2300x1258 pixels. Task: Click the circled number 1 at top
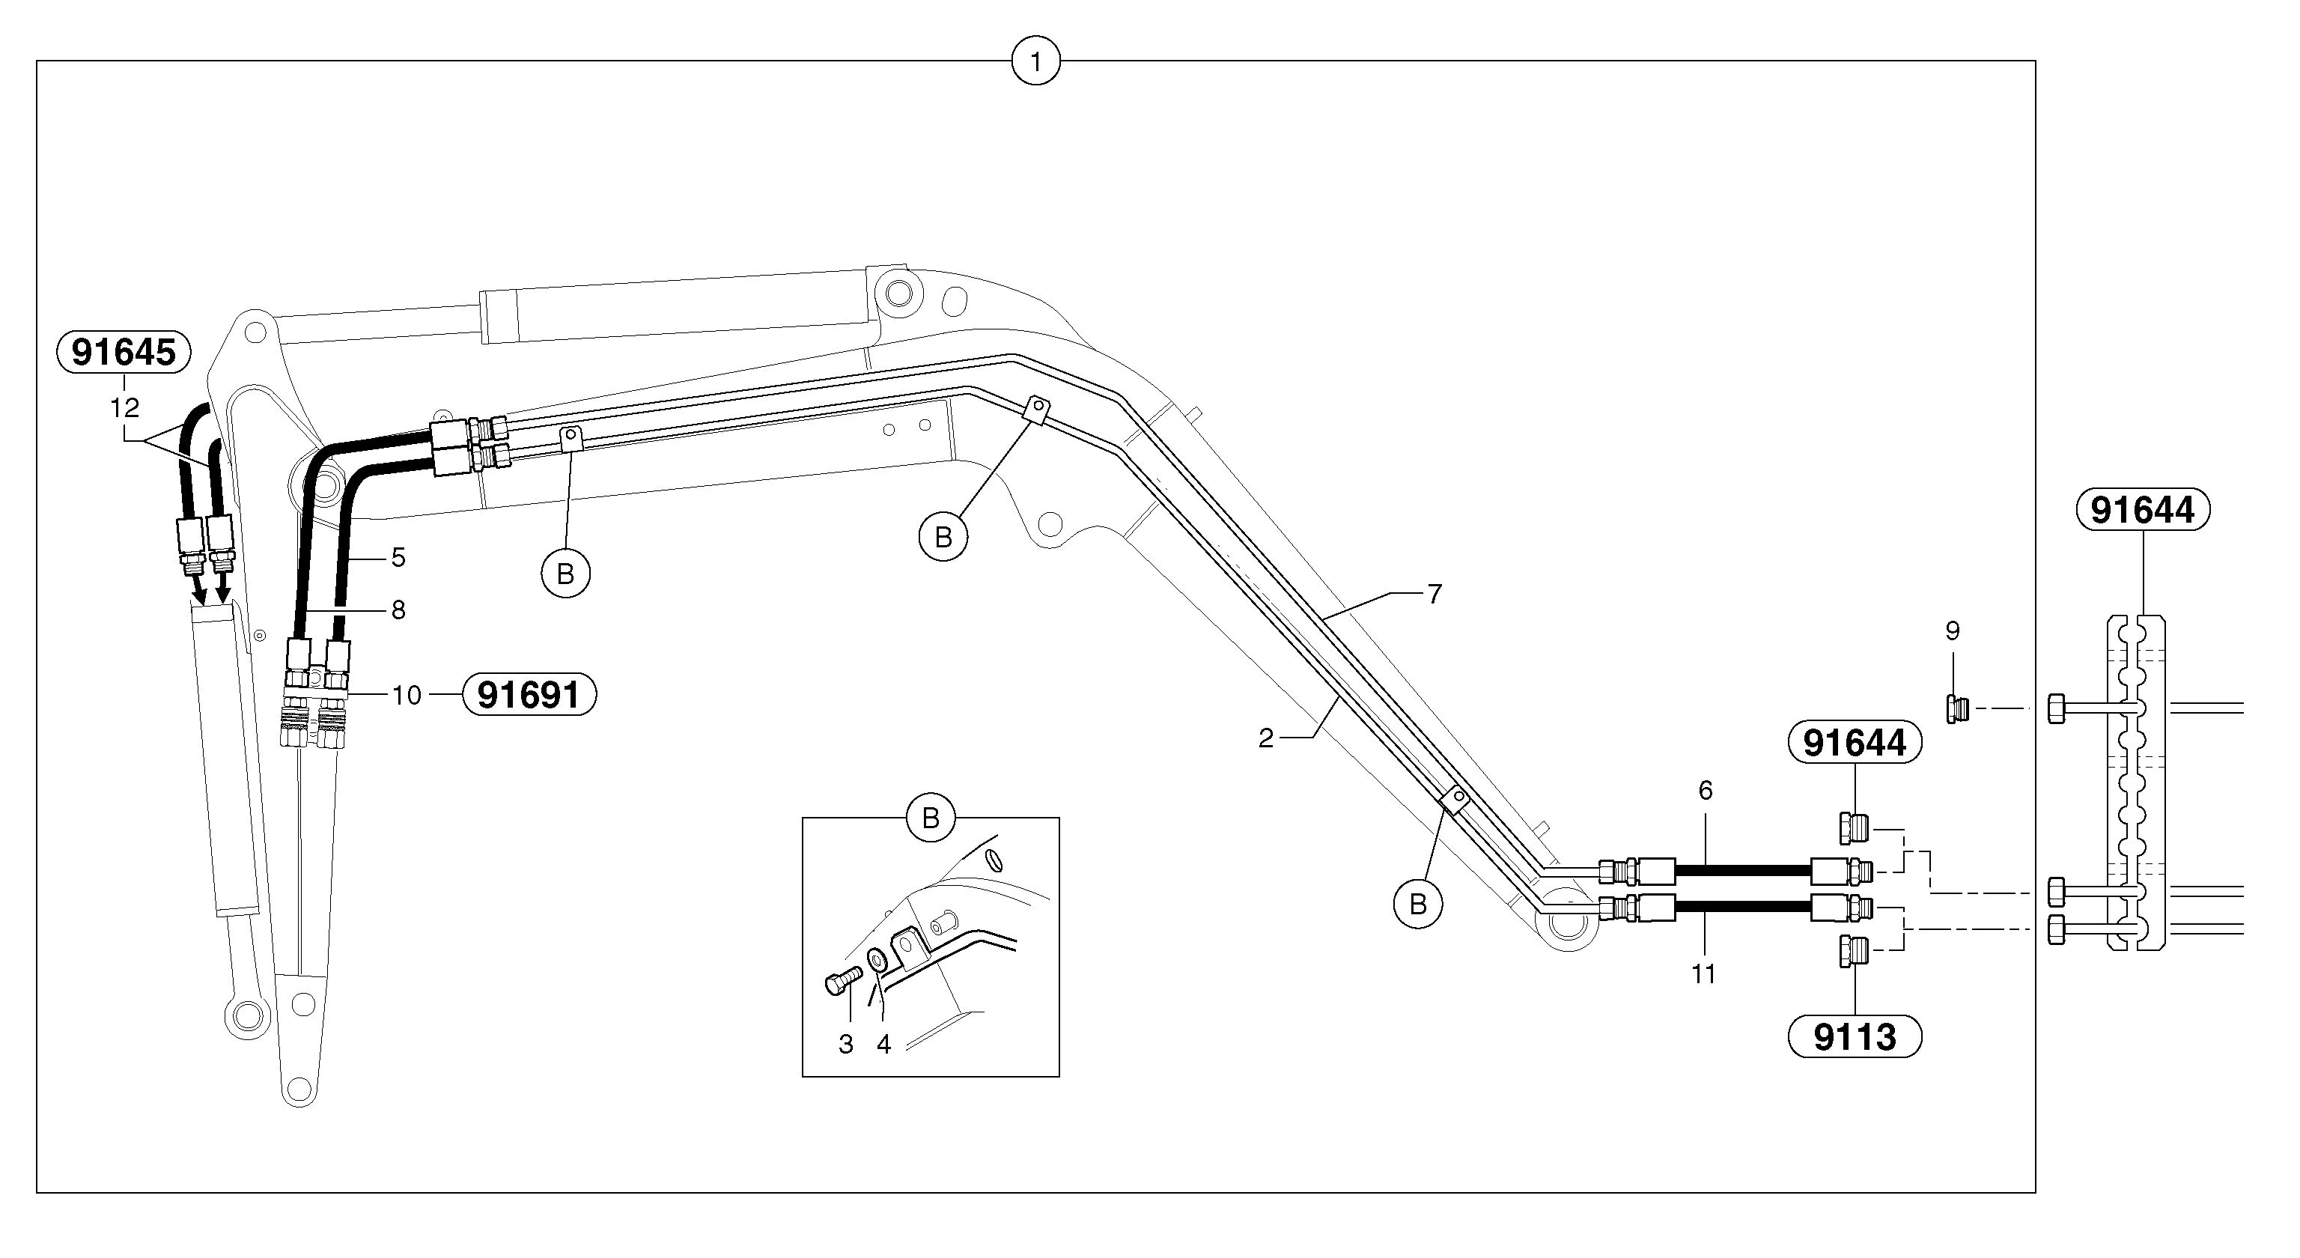(1035, 62)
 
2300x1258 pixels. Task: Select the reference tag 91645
(124, 352)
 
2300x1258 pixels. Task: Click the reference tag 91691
(529, 695)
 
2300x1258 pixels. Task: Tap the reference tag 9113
(1855, 1036)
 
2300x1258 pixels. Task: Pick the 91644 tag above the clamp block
(2142, 510)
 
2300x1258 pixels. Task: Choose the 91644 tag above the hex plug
(1854, 743)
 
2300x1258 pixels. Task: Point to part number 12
(125, 408)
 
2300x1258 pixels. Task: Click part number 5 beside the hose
(398, 558)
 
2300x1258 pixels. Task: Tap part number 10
(407, 695)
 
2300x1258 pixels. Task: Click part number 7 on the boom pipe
(1434, 594)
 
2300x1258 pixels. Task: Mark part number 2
(1265, 738)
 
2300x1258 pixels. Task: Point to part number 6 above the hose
(1706, 790)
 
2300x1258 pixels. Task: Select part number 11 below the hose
(1703, 974)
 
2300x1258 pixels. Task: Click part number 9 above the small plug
(1953, 631)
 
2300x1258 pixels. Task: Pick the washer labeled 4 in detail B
(877, 960)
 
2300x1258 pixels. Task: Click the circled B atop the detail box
(931, 818)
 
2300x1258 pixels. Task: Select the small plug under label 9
(1956, 709)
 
